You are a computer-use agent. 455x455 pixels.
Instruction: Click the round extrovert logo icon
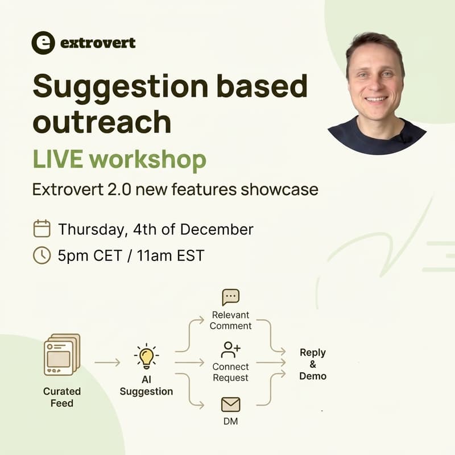(43, 43)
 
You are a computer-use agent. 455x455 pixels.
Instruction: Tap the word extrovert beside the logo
(98, 43)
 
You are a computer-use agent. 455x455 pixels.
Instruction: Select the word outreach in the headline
(102, 121)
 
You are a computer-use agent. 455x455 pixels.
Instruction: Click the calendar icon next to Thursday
(42, 229)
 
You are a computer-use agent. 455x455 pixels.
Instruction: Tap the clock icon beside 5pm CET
(42, 255)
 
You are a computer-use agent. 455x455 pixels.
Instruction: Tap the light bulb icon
(147, 358)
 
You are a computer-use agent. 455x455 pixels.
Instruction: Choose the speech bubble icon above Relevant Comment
(230, 297)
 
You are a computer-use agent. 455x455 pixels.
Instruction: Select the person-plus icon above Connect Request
(230, 349)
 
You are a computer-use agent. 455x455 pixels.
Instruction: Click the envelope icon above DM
(230, 404)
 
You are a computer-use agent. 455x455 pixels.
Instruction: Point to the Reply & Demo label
(313, 364)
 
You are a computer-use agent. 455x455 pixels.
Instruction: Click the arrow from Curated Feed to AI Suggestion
(107, 362)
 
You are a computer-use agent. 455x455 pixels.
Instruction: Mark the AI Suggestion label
(146, 385)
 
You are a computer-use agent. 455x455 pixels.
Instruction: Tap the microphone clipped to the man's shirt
(403, 138)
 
